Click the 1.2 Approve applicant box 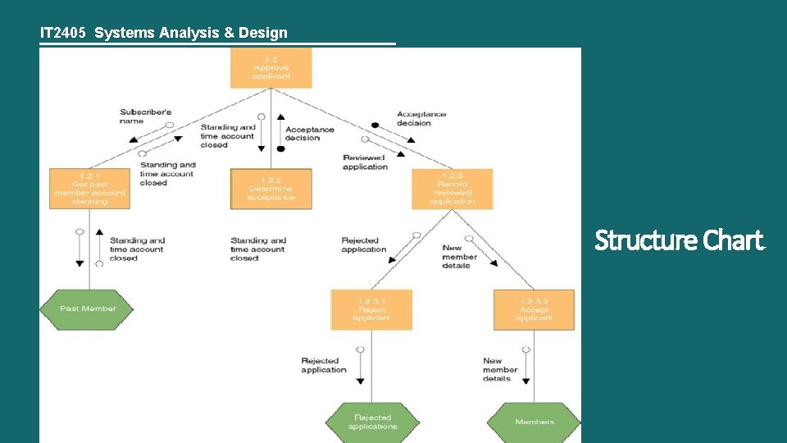271,67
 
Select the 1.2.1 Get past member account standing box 89,189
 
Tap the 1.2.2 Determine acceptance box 271,189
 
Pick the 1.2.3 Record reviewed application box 452,189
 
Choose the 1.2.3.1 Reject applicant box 371,309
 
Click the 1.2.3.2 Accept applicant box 534,309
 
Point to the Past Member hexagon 89,309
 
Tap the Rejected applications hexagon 372,422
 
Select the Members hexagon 534,422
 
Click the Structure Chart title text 678,241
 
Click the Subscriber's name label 144,116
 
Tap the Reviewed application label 365,162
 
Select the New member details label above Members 500,369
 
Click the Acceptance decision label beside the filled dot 421,118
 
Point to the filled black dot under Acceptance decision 375,126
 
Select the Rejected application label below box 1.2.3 364,244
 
